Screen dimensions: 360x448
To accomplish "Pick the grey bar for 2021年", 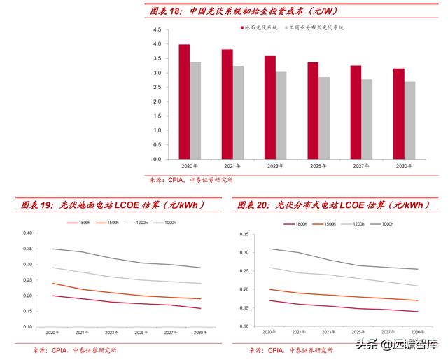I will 239,112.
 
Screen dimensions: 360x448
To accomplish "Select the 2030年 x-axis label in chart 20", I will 419,332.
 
